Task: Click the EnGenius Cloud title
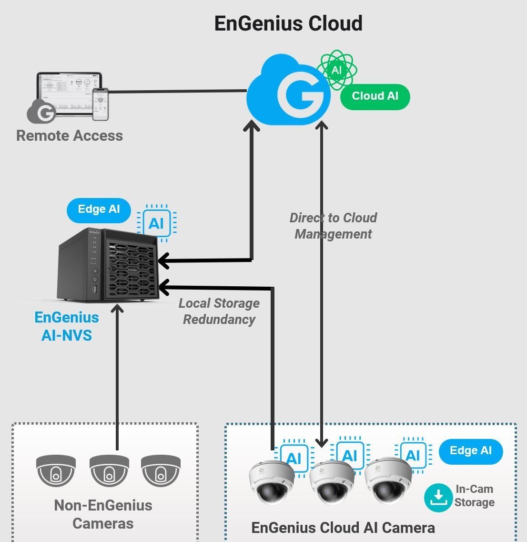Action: point(288,23)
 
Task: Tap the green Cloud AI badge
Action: point(375,96)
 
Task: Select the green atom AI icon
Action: point(337,70)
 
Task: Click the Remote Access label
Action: point(70,135)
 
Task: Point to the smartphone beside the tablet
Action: point(100,104)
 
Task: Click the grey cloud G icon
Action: point(42,112)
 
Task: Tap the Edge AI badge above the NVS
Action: point(99,209)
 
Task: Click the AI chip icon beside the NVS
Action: point(156,223)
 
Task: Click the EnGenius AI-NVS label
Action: point(67,326)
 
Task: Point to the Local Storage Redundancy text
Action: point(219,311)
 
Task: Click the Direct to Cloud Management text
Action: point(333,226)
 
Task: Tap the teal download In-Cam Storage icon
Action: point(438,498)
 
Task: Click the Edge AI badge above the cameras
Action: point(471,451)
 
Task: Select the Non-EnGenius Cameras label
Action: point(103,514)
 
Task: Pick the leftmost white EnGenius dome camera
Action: point(271,482)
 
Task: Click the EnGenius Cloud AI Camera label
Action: point(343,528)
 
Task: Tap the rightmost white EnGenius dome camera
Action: point(387,481)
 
